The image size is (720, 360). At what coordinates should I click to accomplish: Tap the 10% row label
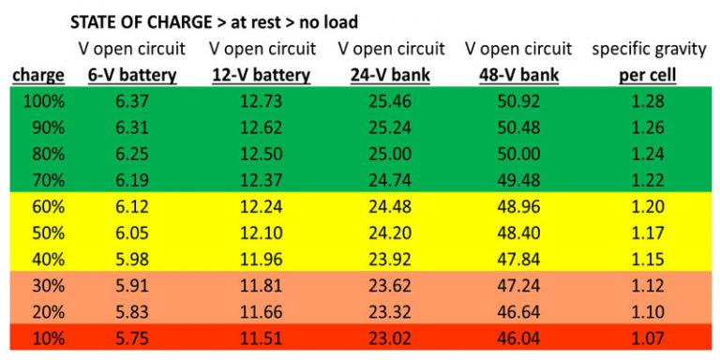click(46, 335)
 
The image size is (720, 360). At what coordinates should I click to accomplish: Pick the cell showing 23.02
click(389, 335)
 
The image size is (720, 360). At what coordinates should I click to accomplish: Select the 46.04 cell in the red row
click(517, 335)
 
